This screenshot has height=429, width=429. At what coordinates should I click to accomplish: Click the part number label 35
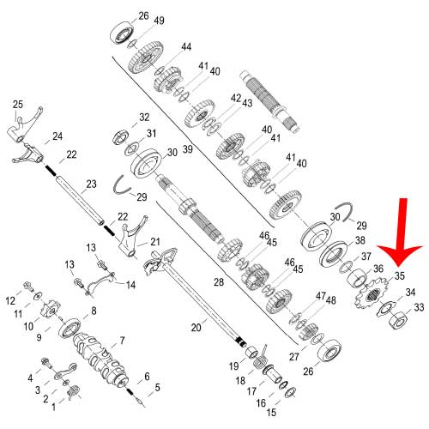coord(400,275)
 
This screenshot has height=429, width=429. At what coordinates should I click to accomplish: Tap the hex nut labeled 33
coord(398,320)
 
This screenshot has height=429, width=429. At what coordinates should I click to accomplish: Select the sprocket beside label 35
coord(371,295)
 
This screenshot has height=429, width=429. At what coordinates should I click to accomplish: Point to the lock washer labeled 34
coord(385,308)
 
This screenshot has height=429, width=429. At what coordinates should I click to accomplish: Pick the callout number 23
coord(91,184)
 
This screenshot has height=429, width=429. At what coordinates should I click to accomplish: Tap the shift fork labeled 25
coord(24,123)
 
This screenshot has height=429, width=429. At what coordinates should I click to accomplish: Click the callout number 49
coord(160,21)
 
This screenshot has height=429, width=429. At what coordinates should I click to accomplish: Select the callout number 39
coord(188,149)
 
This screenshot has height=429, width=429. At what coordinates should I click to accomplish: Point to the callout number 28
coord(219,282)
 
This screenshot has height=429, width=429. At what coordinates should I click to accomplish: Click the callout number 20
coord(196,327)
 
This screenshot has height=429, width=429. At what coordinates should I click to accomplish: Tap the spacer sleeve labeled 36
coord(357,277)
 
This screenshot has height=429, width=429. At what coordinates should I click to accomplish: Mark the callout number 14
coord(130,285)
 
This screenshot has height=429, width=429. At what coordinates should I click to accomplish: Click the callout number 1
coord(54,407)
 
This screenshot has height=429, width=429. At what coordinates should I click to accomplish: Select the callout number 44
coord(186,46)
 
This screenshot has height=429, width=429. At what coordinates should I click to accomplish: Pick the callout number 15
coord(271,412)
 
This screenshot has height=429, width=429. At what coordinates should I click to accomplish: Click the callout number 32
coord(144,117)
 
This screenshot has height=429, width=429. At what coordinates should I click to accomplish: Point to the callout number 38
coord(360,240)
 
